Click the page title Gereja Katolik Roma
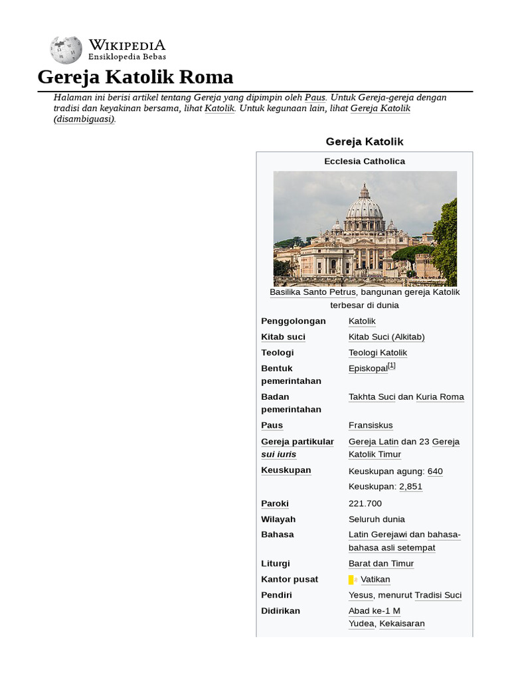(x=135, y=77)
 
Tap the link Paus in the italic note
(x=315, y=97)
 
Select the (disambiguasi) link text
(x=84, y=119)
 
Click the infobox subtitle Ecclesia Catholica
(x=365, y=161)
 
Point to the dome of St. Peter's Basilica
(x=365, y=206)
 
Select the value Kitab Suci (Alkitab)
(x=386, y=337)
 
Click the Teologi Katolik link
(x=378, y=353)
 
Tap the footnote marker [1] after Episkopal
(x=392, y=365)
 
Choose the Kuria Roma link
(x=440, y=397)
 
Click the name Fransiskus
(x=371, y=425)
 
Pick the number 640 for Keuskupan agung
(x=435, y=471)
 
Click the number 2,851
(x=410, y=487)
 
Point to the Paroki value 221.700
(x=365, y=503)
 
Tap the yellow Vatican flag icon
(x=353, y=580)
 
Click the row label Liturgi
(x=276, y=564)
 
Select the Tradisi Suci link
(x=438, y=595)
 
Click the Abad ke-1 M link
(x=375, y=611)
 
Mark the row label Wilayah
(x=278, y=519)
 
